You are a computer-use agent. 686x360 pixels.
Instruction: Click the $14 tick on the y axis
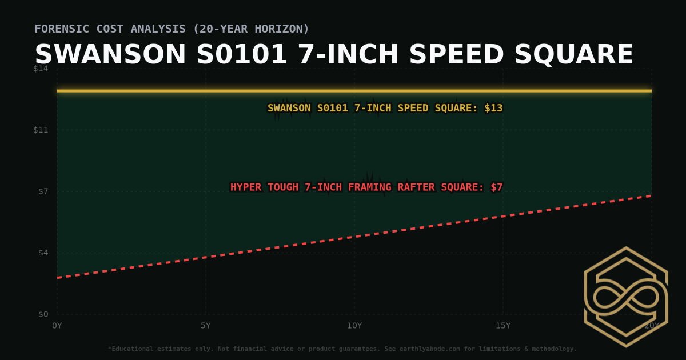tap(41, 69)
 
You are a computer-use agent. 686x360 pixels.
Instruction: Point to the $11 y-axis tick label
tap(41, 130)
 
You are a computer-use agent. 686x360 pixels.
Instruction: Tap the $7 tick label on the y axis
tap(43, 191)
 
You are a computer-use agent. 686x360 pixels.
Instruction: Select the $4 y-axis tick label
tap(43, 253)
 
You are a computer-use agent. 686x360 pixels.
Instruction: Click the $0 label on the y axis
tap(43, 314)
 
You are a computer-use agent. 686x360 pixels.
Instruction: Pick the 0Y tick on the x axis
tap(57, 326)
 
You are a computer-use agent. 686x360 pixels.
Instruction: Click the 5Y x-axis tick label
tap(206, 326)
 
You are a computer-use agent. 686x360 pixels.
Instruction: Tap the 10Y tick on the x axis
tap(354, 326)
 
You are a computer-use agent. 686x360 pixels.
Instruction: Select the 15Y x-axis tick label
tap(503, 326)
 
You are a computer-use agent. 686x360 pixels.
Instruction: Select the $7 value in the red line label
tap(496, 187)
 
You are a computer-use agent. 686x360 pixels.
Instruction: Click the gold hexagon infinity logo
tap(625, 297)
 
